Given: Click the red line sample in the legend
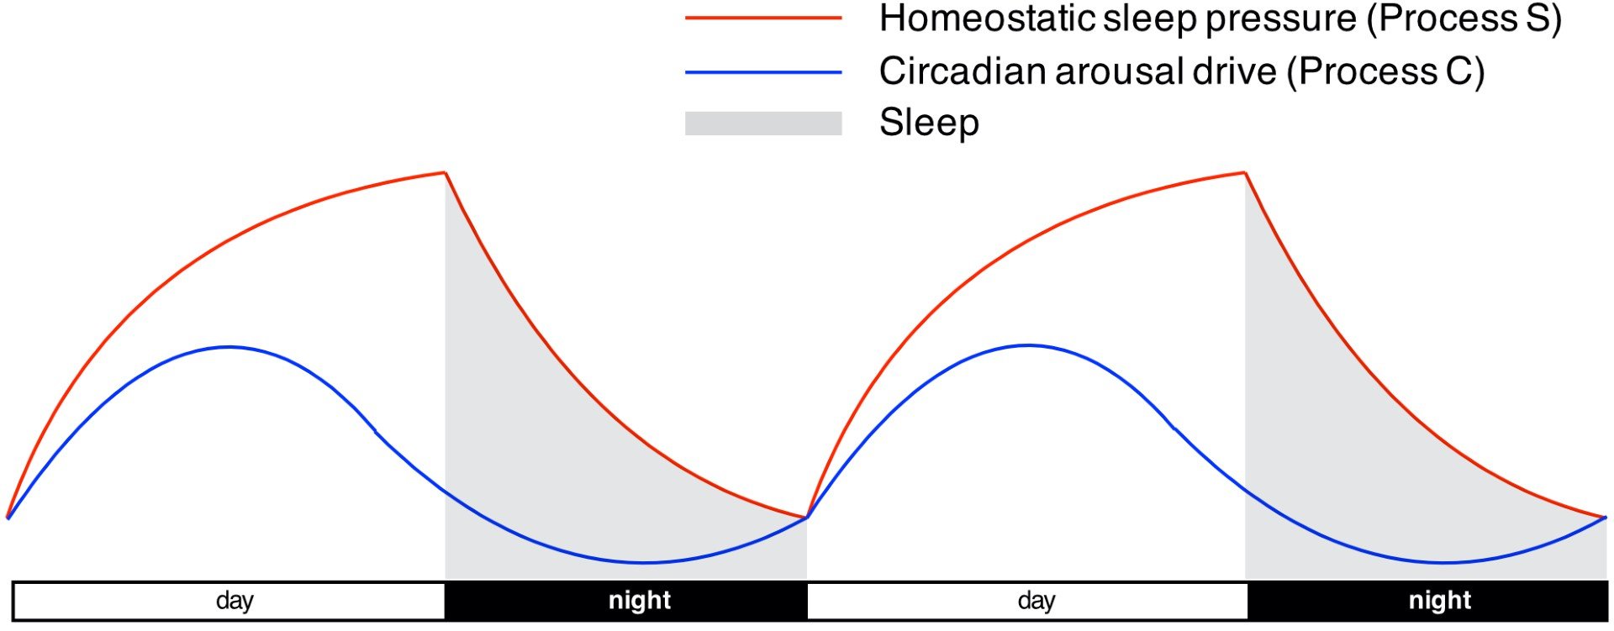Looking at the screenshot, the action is tap(763, 18).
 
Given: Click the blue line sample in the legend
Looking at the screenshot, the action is tap(763, 72).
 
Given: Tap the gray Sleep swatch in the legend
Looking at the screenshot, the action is tap(763, 124).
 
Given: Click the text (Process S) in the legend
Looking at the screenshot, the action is tap(1464, 19).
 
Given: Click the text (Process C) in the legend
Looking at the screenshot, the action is tap(1386, 72).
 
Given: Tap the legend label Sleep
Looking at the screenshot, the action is tap(929, 124).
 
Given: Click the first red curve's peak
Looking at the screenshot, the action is tap(445, 173).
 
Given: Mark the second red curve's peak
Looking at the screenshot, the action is tap(1245, 173).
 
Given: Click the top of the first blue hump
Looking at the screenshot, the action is tap(229, 346).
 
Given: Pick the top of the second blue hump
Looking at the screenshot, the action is tap(1029, 345).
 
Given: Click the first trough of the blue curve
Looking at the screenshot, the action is tap(644, 562).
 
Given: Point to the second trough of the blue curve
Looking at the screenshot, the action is tap(1443, 562).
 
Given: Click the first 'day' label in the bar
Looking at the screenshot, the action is tap(235, 601).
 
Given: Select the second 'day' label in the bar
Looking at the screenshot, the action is tap(1036, 601).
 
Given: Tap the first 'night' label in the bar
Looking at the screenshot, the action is tap(640, 601).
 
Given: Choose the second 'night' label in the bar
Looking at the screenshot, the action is tap(1440, 601).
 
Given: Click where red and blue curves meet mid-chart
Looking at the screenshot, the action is tap(807, 518).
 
